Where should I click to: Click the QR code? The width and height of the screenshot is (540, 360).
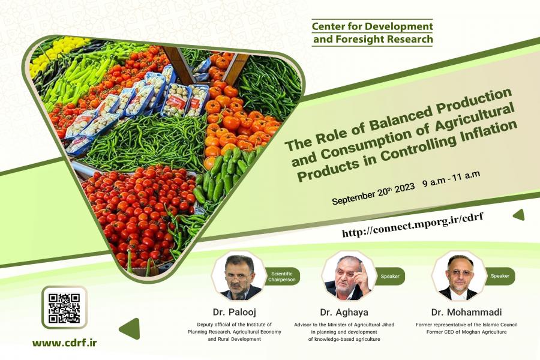pyautogui.click(x=64, y=308)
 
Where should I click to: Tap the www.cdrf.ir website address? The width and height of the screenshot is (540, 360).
pyautogui.click(x=65, y=343)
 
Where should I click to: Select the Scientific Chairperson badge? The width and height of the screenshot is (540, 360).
pyautogui.click(x=282, y=277)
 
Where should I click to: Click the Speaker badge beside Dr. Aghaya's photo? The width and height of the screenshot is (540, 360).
pyautogui.click(x=390, y=276)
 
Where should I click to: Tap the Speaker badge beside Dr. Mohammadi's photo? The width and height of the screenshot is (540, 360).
pyautogui.click(x=500, y=276)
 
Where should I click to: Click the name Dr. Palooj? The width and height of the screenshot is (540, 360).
pyautogui.click(x=235, y=313)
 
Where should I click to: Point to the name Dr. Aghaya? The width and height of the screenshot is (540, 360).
pyautogui.click(x=344, y=313)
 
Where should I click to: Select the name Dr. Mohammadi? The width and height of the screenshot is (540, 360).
pyautogui.click(x=466, y=313)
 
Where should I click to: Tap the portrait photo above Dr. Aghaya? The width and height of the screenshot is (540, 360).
pyautogui.click(x=348, y=277)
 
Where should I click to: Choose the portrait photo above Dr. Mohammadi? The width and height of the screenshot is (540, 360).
pyautogui.click(x=459, y=276)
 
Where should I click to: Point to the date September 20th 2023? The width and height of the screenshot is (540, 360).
pyautogui.click(x=373, y=194)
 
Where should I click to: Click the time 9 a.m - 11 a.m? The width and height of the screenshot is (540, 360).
pyautogui.click(x=451, y=178)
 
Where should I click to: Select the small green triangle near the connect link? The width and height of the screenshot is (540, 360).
pyautogui.click(x=518, y=215)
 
